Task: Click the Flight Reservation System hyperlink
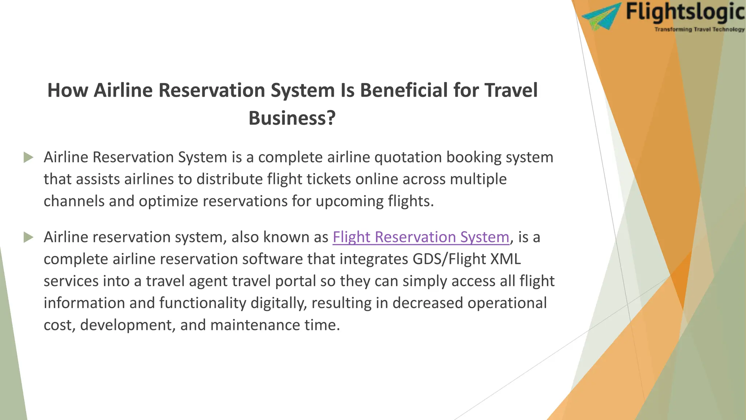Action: pyautogui.click(x=421, y=237)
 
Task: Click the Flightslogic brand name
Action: pyautogui.click(x=685, y=12)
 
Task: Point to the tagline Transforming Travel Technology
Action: pyautogui.click(x=699, y=30)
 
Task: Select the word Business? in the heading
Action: pyautogui.click(x=292, y=118)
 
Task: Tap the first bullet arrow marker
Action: pyautogui.click(x=28, y=157)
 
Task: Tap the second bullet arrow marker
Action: pyautogui.click(x=28, y=237)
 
